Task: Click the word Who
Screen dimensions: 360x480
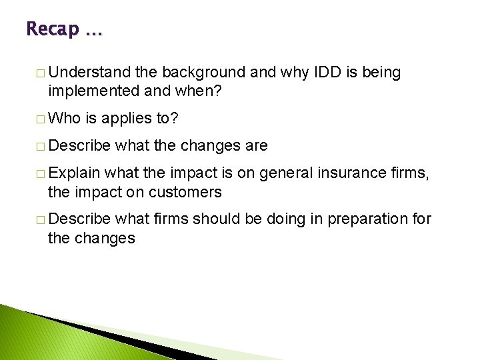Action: tap(64, 119)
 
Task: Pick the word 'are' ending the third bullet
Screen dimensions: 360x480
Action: tap(255, 145)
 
